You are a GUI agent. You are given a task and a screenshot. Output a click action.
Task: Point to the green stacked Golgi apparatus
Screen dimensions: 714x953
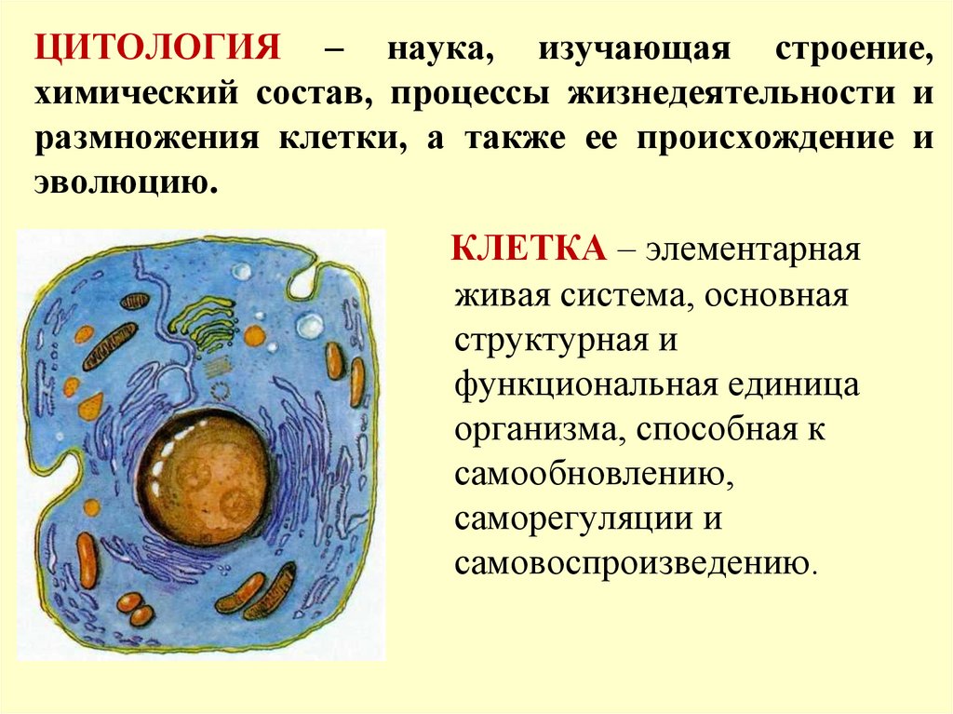pyautogui.click(x=205, y=317)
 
